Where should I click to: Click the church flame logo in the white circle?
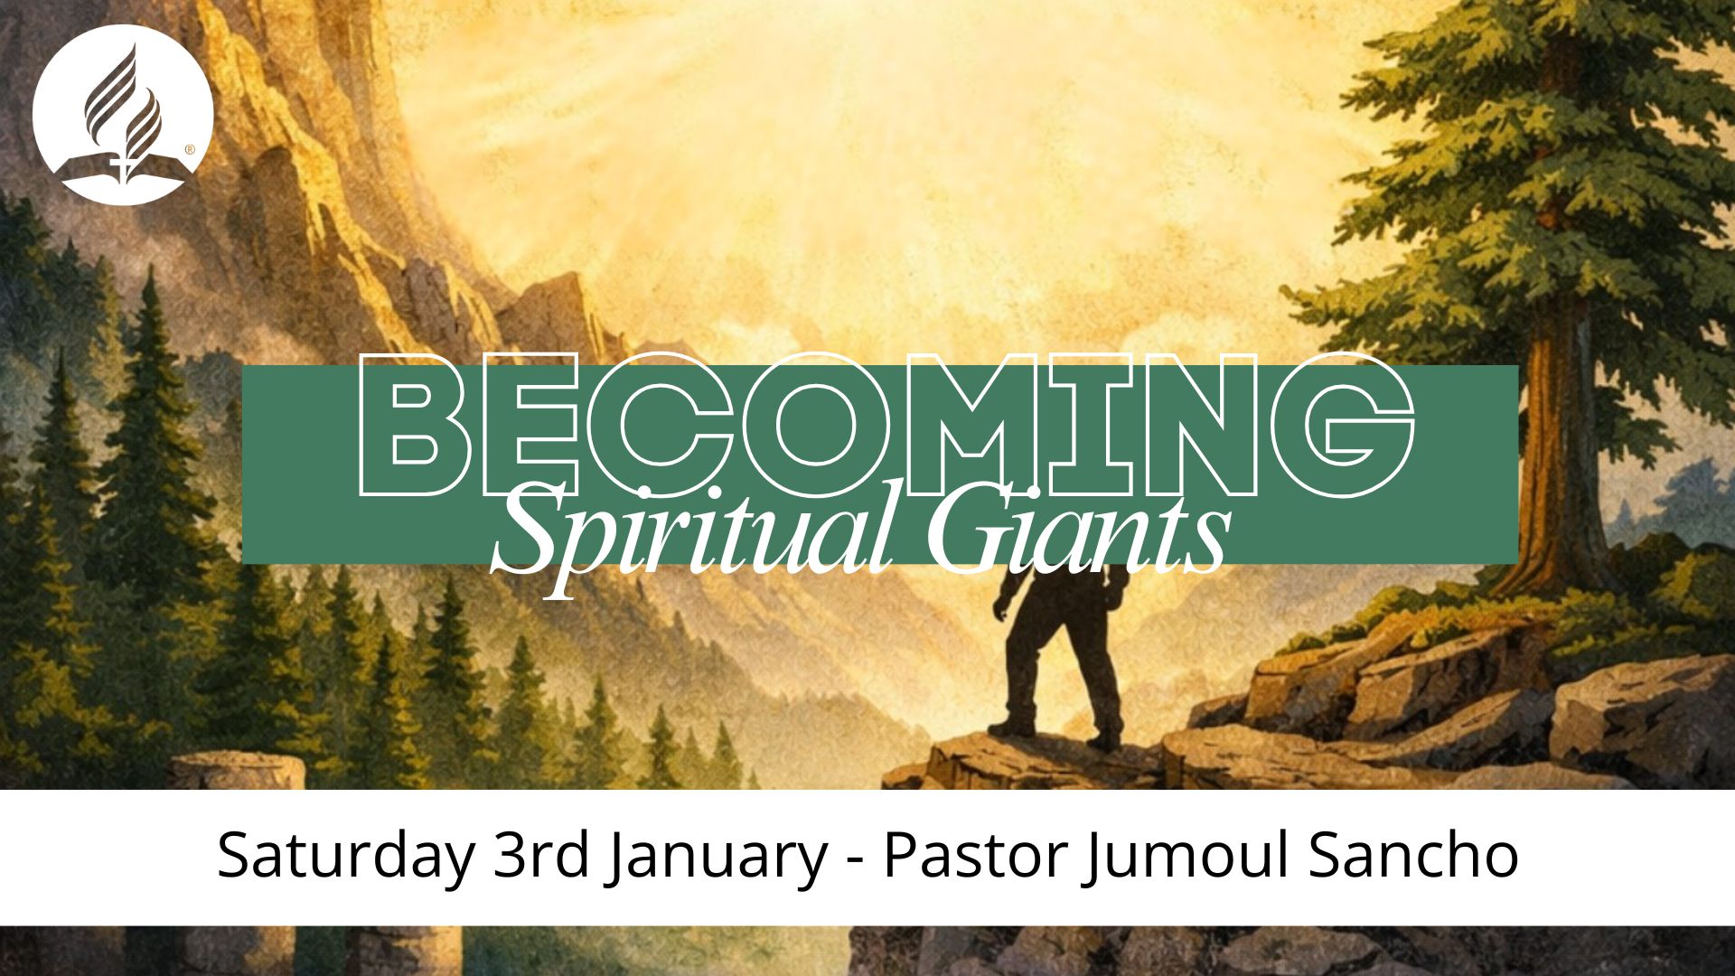(123, 114)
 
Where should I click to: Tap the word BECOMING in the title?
(886, 425)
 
